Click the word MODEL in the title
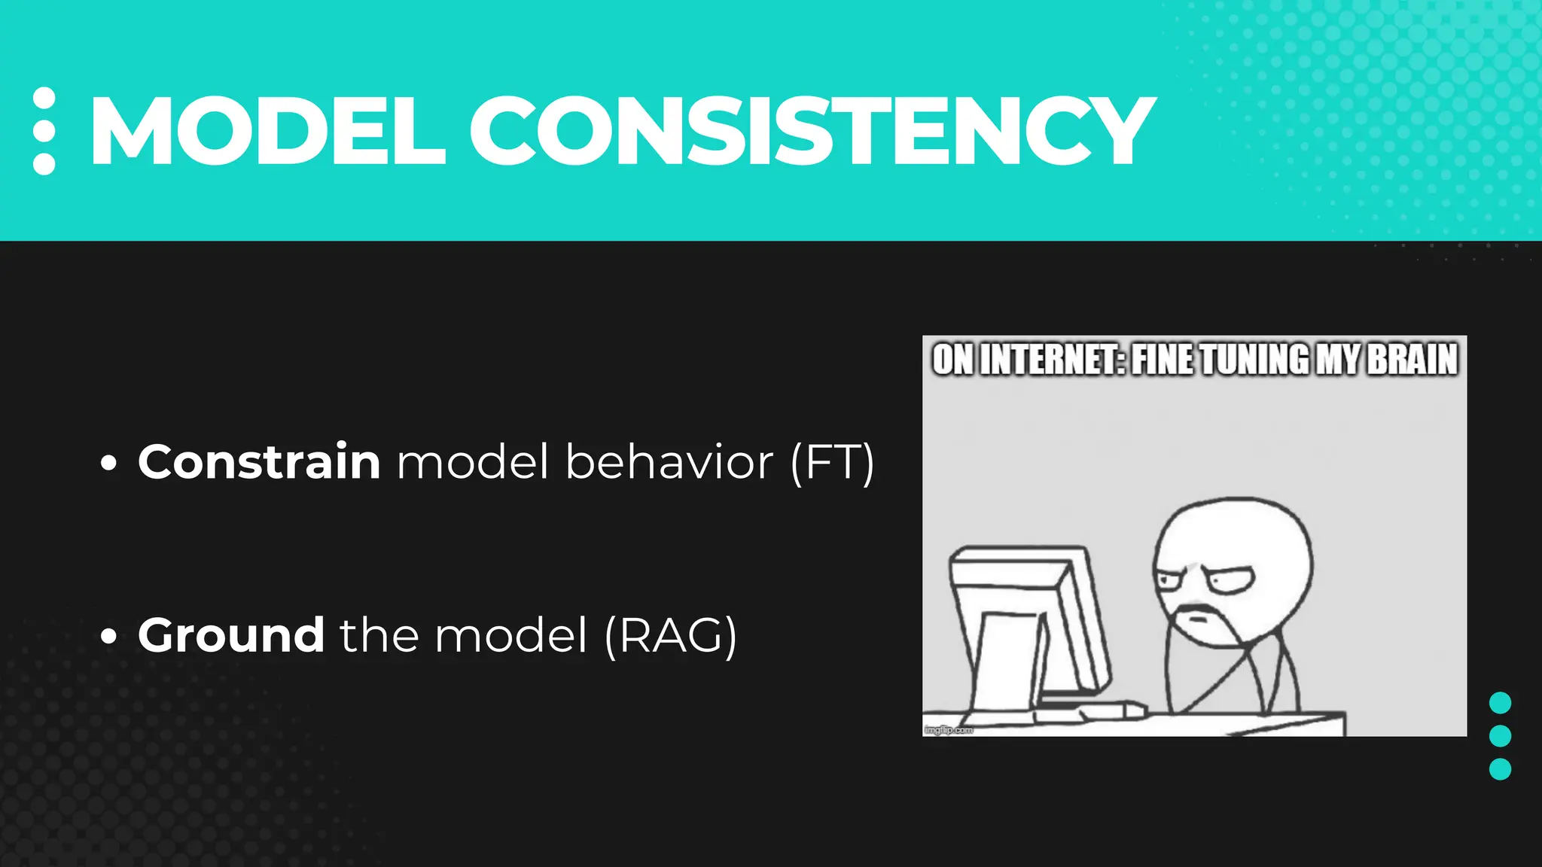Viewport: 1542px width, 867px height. point(267,131)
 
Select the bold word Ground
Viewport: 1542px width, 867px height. point(231,635)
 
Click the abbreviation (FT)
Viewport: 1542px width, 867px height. point(833,463)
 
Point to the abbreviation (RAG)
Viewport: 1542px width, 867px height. point(671,637)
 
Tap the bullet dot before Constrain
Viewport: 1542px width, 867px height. point(109,464)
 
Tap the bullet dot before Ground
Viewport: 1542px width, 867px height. point(109,637)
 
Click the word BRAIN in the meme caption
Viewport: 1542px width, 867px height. point(1412,360)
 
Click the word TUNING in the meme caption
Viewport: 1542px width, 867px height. point(1254,360)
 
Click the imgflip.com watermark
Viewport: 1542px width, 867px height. point(948,729)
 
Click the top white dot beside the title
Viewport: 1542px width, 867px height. point(44,98)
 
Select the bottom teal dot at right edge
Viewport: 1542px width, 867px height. point(1500,769)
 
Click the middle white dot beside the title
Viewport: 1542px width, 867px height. point(44,131)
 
